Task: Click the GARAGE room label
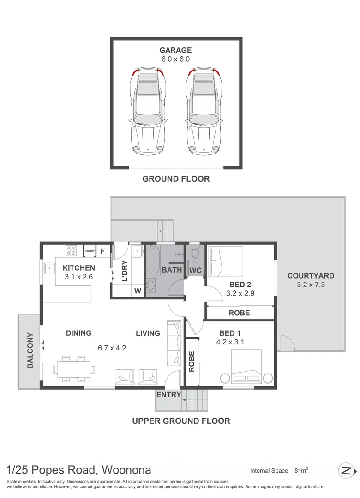click(x=175, y=50)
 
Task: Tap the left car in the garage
click(x=148, y=111)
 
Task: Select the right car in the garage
click(x=204, y=111)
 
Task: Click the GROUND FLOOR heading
click(x=176, y=179)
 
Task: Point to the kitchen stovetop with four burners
click(x=71, y=250)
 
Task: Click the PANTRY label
click(x=90, y=251)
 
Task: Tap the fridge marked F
click(x=103, y=251)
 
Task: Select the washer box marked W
click(x=138, y=291)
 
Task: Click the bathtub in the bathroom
click(x=153, y=261)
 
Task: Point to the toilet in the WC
click(x=195, y=252)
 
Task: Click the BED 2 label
click(x=240, y=285)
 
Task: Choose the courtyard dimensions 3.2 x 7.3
click(x=311, y=285)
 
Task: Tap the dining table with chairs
click(x=74, y=369)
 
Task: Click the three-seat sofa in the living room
click(x=174, y=342)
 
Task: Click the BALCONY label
click(x=30, y=350)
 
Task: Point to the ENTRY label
click(x=168, y=395)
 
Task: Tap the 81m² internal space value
click(x=301, y=470)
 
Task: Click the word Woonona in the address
click(x=126, y=470)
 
